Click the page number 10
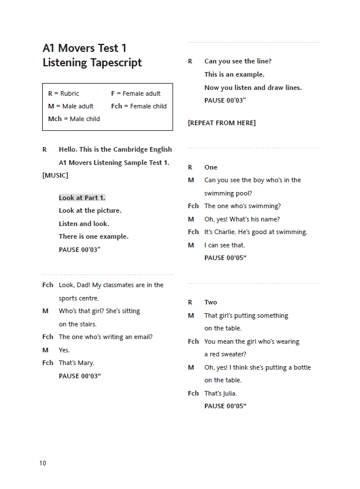43,463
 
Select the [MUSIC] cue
55,175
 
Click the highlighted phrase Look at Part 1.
82,198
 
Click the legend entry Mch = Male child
74,119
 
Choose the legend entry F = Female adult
136,93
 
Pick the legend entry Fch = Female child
138,106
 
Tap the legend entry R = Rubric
63,93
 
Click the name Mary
85,363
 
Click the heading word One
211,167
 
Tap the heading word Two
211,302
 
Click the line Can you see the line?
238,61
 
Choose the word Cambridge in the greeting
131,149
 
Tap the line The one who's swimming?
242,206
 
